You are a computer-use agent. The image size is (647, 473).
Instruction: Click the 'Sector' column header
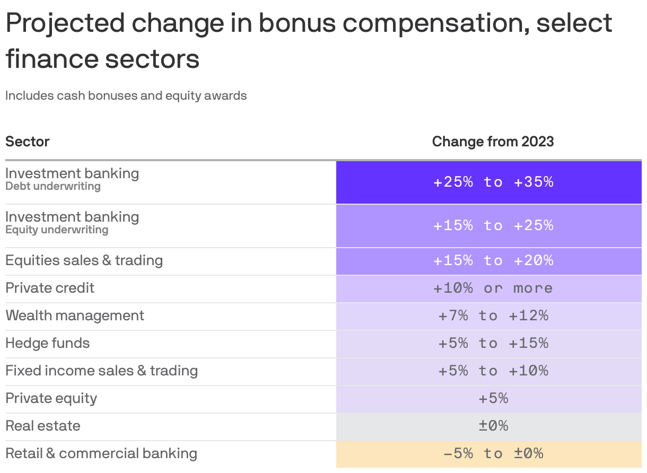[28, 142]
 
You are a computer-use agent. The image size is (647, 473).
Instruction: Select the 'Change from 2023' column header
[493, 142]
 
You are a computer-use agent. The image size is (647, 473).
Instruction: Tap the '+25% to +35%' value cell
[493, 182]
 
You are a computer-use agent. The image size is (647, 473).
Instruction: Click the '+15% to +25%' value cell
[493, 226]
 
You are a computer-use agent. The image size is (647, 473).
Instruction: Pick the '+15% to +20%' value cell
[493, 261]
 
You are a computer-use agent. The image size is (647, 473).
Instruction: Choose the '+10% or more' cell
[493, 288]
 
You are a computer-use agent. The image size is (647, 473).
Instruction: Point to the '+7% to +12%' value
[493, 316]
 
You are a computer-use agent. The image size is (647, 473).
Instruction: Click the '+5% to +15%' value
[493, 344]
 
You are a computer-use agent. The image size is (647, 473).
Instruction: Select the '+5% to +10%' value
[493, 371]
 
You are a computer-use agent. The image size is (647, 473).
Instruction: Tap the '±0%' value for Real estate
[493, 426]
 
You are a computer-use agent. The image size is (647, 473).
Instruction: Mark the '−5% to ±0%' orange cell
[493, 454]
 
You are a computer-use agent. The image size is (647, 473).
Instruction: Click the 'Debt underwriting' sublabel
[53, 187]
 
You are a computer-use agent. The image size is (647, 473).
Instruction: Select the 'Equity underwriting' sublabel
[57, 230]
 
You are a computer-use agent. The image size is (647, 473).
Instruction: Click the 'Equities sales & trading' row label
[84, 261]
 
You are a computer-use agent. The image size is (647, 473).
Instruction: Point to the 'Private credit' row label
[50, 288]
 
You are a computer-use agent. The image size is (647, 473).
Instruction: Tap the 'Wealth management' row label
[75, 316]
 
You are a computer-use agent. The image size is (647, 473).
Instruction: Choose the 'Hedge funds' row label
[48, 344]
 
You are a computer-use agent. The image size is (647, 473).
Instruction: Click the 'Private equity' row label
[51, 399]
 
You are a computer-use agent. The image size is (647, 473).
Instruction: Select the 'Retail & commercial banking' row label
[101, 454]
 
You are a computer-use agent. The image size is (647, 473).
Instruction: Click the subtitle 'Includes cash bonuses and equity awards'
[126, 96]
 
